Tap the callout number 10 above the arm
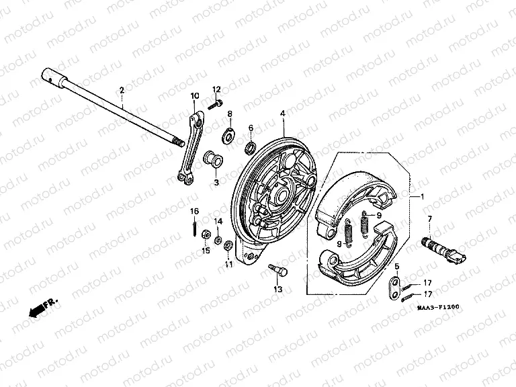[194, 95]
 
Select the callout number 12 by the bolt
[217, 89]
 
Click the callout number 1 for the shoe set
[422, 198]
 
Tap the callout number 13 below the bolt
[277, 289]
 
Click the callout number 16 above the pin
[193, 211]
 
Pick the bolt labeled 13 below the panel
[277, 269]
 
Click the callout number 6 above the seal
[251, 128]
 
